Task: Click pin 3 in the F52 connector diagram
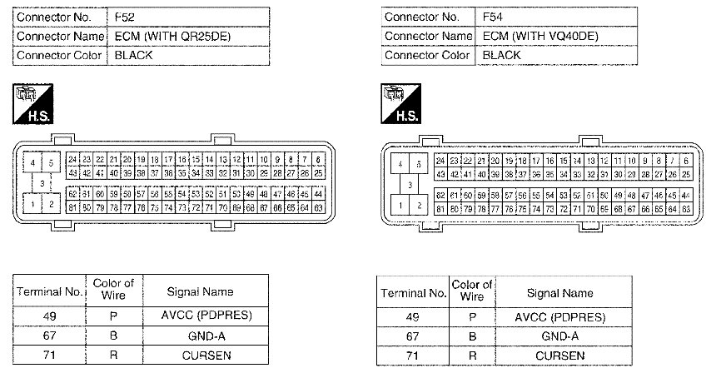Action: [x=41, y=182]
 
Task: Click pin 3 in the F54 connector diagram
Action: [x=409, y=184]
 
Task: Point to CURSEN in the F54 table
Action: [x=559, y=356]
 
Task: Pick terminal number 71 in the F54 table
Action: [x=412, y=356]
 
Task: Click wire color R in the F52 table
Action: [x=113, y=355]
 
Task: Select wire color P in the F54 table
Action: [x=472, y=317]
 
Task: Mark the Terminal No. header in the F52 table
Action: [x=49, y=291]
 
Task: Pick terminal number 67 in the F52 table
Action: [x=49, y=336]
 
